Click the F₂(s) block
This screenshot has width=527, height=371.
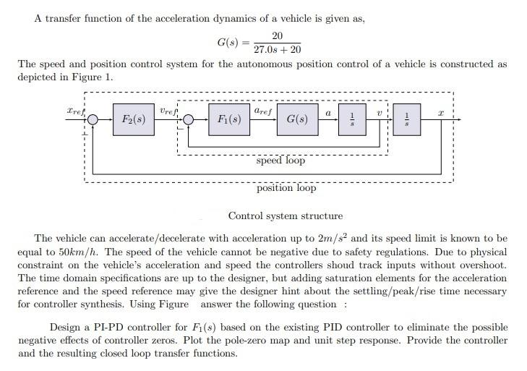tap(132, 119)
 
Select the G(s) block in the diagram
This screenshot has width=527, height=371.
tap(297, 119)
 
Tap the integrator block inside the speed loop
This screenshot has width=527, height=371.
tap(352, 119)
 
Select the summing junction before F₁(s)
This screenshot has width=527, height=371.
tap(189, 119)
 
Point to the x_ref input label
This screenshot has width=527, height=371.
tap(74, 112)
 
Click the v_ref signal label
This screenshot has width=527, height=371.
tap(168, 111)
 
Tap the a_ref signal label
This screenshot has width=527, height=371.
tap(262, 111)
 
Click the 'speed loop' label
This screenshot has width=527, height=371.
tap(280, 161)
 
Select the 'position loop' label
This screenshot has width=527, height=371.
tap(286, 188)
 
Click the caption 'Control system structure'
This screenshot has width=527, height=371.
tap(286, 216)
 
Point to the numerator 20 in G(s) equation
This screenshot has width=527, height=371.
tap(278, 35)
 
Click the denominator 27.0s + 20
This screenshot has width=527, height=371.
tap(278, 50)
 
